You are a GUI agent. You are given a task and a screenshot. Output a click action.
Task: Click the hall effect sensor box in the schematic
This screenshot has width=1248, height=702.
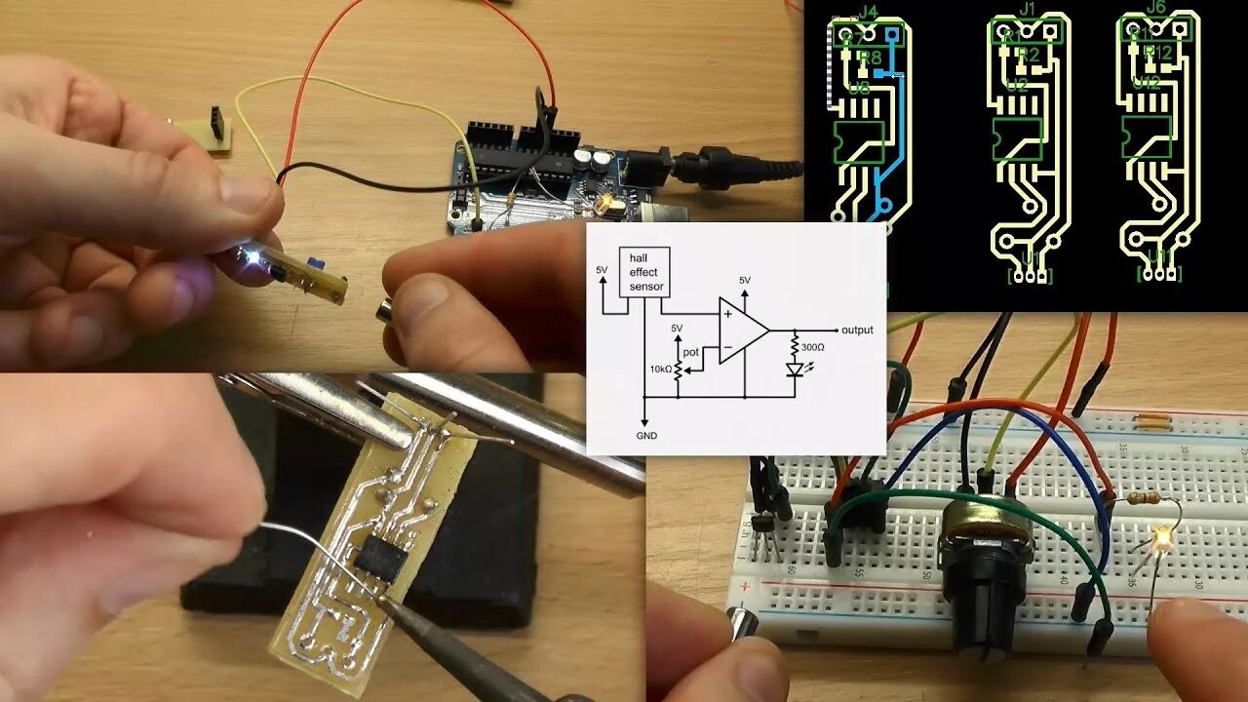[x=645, y=271]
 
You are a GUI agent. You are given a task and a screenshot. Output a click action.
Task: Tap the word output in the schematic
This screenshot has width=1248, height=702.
[x=857, y=330]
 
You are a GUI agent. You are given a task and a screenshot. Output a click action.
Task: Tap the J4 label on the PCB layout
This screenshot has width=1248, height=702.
[x=867, y=13]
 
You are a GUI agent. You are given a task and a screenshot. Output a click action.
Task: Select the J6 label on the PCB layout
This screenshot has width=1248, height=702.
[x=1156, y=8]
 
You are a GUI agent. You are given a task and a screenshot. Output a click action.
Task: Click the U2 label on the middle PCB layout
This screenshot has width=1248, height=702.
[x=1018, y=86]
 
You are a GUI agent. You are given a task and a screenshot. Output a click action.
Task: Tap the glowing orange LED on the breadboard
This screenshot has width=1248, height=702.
[x=1160, y=537]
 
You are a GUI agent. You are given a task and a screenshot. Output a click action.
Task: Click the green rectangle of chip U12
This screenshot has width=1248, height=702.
[x=1147, y=137]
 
